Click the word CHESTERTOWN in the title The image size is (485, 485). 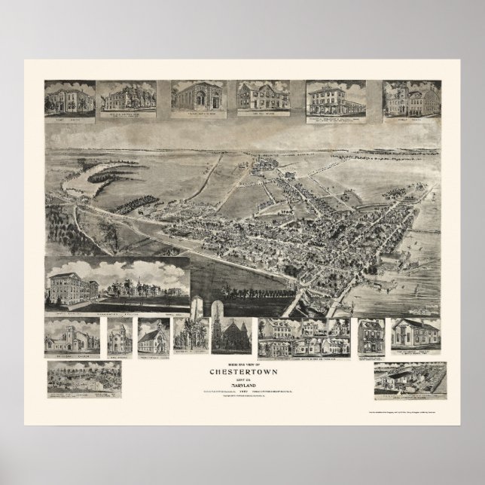(x=242, y=370)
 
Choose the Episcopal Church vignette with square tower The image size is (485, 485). (x=72, y=336)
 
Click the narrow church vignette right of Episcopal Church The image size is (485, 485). (x=119, y=336)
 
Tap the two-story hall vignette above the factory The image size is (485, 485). (x=413, y=336)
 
